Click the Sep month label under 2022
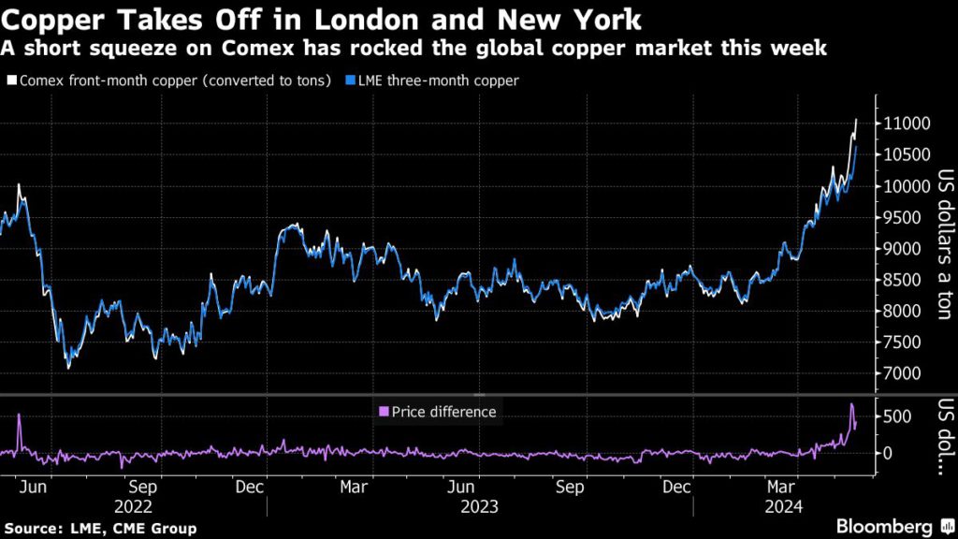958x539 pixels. pos(141,488)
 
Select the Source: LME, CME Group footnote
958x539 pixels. pos(100,529)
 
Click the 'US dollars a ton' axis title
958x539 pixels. pos(944,245)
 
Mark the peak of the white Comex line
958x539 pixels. pos(856,119)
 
